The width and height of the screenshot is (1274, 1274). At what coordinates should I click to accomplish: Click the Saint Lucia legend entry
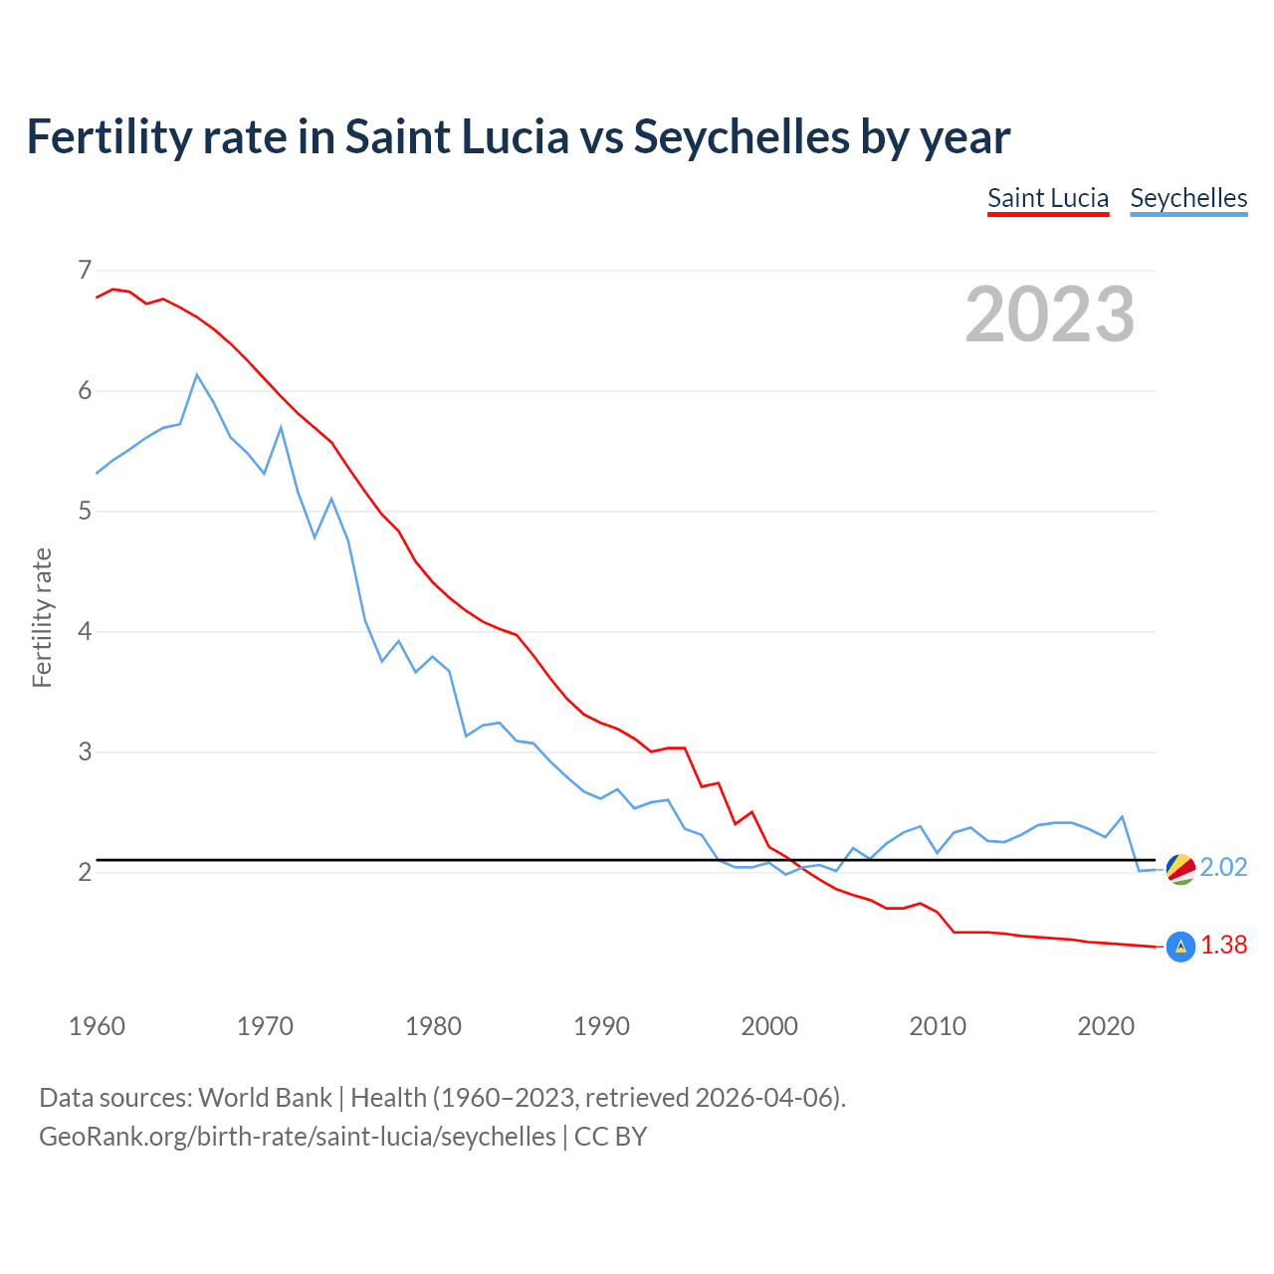point(1047,198)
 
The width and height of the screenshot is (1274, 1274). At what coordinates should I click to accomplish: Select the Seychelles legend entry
point(1188,198)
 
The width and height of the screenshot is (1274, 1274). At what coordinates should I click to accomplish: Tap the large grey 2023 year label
point(1050,315)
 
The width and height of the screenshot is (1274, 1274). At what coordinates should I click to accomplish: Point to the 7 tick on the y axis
point(85,270)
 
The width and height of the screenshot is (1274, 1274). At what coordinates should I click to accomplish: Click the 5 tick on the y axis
point(85,512)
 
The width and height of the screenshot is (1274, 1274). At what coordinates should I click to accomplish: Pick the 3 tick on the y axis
point(85,752)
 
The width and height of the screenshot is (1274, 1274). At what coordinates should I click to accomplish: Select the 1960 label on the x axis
point(97,1026)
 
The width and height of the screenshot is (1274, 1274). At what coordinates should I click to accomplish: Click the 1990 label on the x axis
point(601,1026)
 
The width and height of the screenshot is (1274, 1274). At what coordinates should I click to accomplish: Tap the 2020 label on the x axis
point(1106,1026)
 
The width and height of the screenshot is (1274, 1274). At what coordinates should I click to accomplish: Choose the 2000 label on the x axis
point(769,1026)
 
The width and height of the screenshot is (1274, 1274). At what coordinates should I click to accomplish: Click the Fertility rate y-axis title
point(42,617)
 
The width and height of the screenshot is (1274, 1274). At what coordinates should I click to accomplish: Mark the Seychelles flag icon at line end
point(1180,869)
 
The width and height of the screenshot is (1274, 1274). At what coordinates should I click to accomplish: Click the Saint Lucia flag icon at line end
point(1180,947)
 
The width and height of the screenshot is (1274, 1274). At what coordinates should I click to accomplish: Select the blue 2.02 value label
point(1223,868)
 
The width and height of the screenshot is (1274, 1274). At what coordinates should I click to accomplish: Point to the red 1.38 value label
point(1223,946)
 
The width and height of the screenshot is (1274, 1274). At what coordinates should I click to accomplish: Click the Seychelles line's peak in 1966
point(197,375)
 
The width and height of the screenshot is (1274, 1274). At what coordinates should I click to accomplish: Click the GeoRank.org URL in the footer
point(297,1137)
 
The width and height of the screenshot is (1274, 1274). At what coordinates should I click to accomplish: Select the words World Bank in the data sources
point(265,1098)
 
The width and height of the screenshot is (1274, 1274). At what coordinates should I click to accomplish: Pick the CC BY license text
point(610,1137)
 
